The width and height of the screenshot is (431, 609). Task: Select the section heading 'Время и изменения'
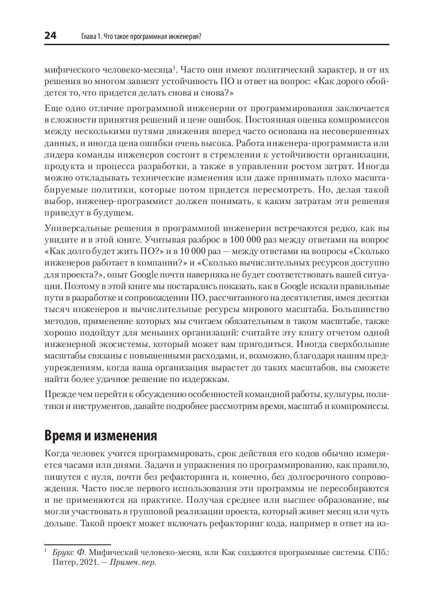[x=101, y=436]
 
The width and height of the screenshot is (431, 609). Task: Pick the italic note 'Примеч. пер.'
[x=133, y=563]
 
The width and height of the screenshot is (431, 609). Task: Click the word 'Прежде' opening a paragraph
[x=58, y=394]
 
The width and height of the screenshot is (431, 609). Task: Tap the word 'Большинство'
[x=360, y=309]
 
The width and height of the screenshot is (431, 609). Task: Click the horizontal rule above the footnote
[x=77, y=544]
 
